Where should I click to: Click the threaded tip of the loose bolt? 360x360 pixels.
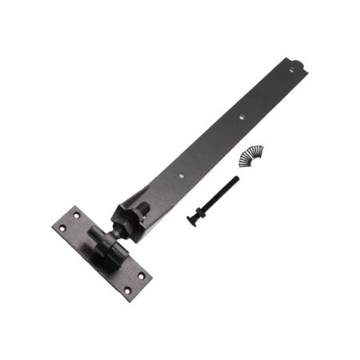238,178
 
